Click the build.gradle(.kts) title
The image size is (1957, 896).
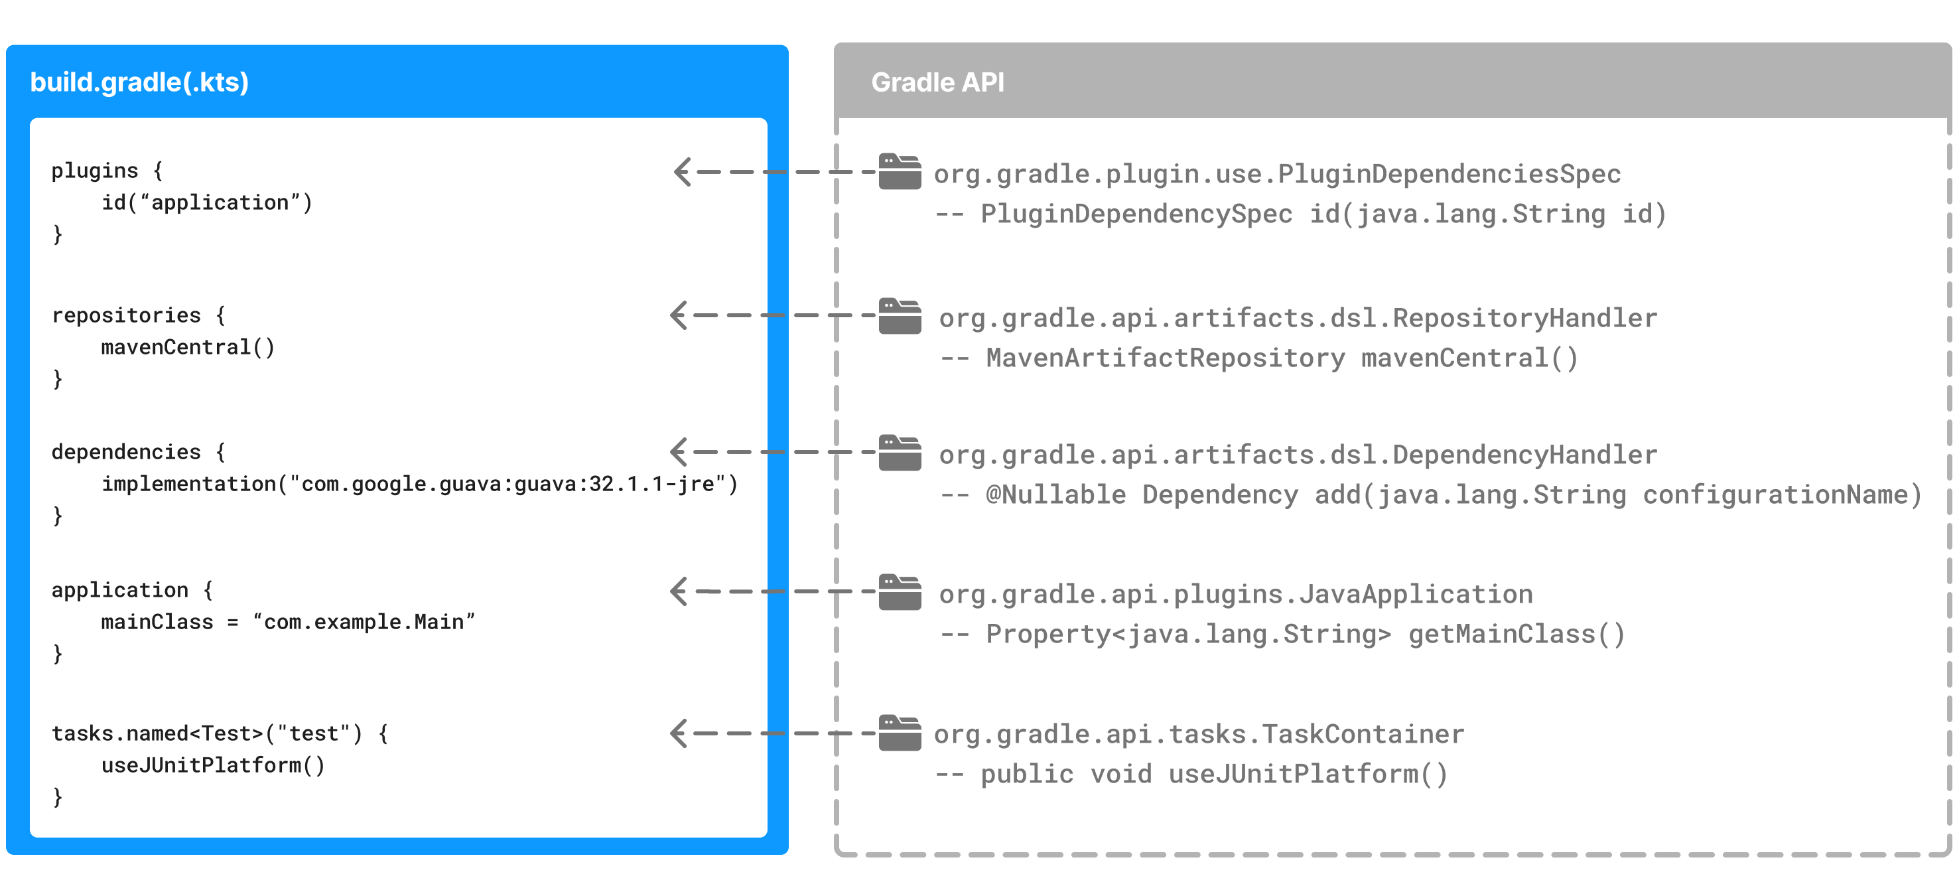point(139,82)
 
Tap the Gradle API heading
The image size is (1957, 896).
point(937,82)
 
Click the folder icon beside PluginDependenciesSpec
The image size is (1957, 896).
point(900,172)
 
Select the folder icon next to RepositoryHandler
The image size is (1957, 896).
point(900,316)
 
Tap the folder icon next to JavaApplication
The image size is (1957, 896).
point(900,592)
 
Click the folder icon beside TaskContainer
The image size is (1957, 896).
point(900,733)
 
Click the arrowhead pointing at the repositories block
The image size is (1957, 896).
point(679,315)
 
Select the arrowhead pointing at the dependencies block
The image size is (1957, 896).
point(679,452)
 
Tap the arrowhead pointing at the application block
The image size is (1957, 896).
point(679,591)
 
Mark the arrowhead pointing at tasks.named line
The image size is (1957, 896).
point(679,733)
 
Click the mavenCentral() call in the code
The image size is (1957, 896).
point(188,347)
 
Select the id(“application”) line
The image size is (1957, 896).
point(206,203)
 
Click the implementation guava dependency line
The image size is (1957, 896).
point(419,484)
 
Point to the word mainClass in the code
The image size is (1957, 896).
point(157,623)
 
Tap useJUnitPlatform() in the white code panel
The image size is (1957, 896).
point(213,765)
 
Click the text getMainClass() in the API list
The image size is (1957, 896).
point(1517,634)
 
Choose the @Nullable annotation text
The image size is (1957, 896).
point(1056,494)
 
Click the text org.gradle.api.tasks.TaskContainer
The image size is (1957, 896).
point(1198,734)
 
